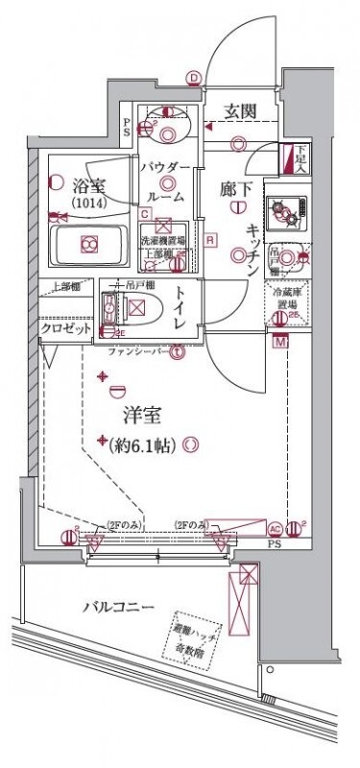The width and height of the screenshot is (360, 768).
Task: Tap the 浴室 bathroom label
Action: tap(88, 181)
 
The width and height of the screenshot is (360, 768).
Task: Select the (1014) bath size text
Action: tap(88, 204)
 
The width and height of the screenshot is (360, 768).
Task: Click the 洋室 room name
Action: tap(141, 415)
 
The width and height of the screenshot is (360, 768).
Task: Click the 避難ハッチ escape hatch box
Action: tap(195, 635)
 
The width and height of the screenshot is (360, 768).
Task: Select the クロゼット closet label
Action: tap(64, 327)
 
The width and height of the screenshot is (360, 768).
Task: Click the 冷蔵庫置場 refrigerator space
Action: tap(285, 301)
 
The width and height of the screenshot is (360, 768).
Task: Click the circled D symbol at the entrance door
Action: tap(195, 80)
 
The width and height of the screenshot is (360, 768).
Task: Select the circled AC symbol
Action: tap(275, 528)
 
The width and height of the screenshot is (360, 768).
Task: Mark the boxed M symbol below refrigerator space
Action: tap(280, 341)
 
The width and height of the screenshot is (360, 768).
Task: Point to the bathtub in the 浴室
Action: tap(88, 245)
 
